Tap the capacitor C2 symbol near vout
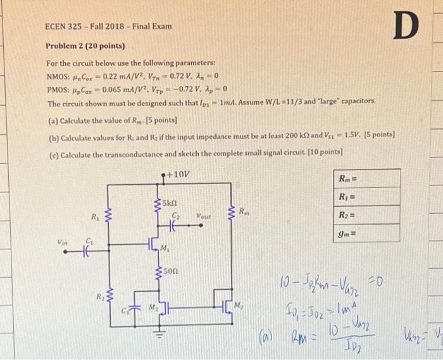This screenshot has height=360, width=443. tap(175, 223)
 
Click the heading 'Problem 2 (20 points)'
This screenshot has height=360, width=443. tap(85, 47)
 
